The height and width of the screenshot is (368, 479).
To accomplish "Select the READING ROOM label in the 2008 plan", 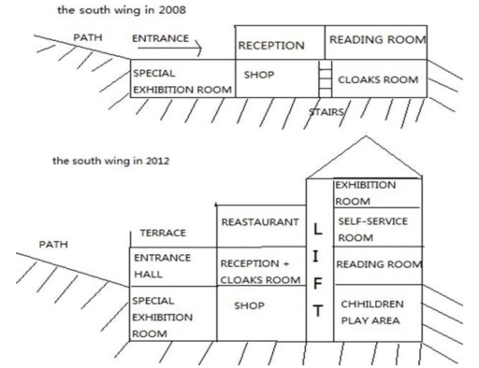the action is pos(376,40).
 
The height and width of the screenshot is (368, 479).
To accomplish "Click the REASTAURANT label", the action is pos(259,221).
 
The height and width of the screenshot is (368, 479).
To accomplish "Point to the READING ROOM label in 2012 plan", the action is pos(378,264).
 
